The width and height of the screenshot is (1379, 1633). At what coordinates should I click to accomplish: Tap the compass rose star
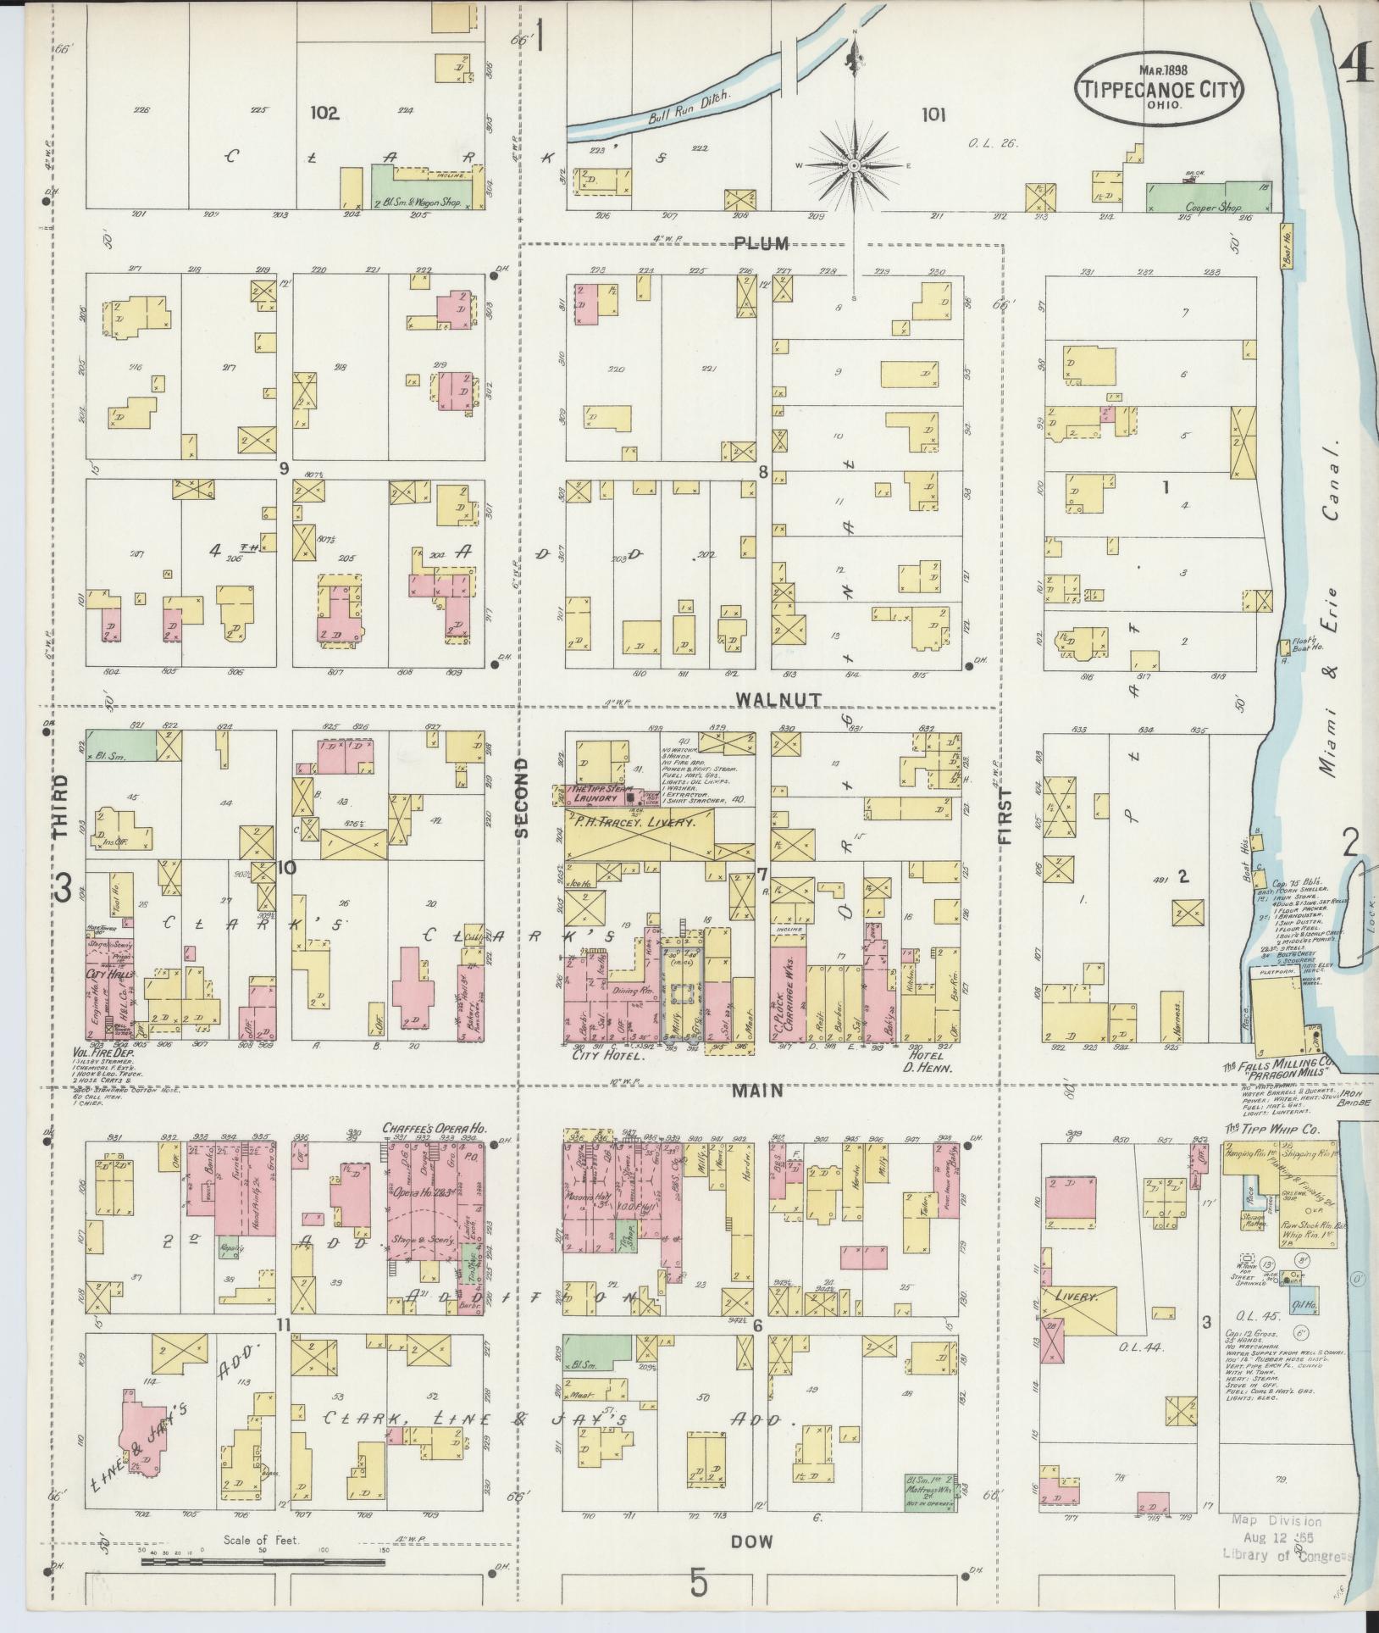855,164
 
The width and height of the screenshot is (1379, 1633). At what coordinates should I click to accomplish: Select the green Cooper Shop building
1209,197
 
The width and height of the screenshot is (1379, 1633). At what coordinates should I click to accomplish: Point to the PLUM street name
762,244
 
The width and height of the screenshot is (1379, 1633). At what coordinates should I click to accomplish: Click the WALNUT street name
767,699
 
